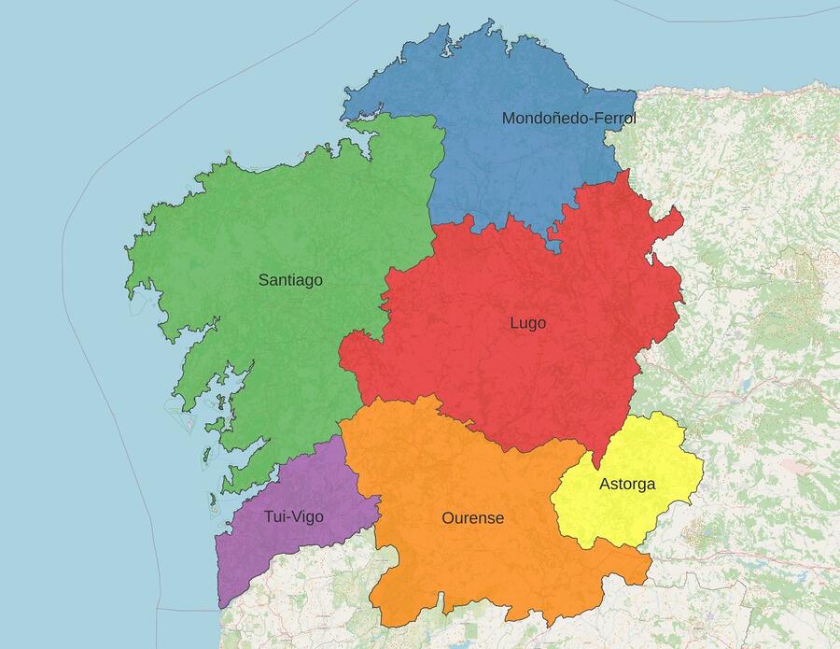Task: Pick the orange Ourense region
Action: click(467, 560)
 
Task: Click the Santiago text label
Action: click(290, 279)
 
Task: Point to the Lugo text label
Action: click(527, 323)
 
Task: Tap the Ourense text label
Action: click(472, 517)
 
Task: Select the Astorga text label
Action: click(627, 484)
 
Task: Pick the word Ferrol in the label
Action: click(614, 119)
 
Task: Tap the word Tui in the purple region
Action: click(275, 516)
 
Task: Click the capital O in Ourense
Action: click(448, 517)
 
